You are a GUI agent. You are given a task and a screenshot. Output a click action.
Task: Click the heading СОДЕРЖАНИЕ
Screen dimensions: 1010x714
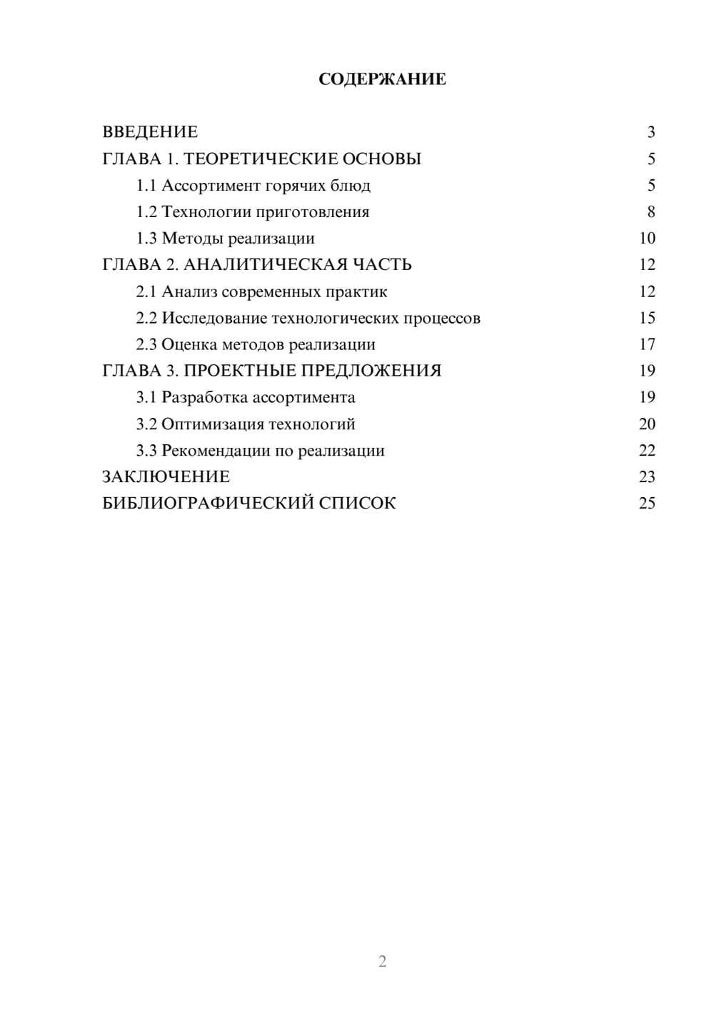coord(382,79)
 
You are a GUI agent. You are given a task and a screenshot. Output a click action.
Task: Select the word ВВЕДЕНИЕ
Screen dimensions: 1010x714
coord(150,132)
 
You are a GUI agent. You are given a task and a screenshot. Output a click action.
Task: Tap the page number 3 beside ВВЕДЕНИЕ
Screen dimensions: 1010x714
coord(650,132)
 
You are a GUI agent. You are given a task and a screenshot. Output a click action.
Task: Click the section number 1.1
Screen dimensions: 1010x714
coord(146,186)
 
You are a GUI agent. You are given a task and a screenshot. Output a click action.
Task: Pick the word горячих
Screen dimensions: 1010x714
coord(295,186)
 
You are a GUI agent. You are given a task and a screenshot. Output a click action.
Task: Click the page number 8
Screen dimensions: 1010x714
coord(650,212)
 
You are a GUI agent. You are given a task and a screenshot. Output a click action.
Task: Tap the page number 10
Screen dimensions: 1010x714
coord(647,239)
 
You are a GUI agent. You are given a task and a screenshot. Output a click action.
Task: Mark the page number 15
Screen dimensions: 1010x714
coord(647,318)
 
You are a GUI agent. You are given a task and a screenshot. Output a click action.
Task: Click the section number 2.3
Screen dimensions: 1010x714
coord(146,344)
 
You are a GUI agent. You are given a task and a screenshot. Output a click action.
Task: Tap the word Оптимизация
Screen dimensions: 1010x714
coord(212,424)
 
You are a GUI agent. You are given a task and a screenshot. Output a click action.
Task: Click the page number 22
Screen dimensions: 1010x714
coord(647,451)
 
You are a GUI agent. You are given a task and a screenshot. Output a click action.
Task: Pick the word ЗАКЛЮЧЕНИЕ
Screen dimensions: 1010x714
coord(166,477)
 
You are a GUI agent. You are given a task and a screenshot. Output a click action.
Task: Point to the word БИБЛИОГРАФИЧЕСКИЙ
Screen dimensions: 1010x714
coord(208,504)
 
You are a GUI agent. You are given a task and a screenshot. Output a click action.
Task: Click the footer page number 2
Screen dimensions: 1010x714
coord(382,961)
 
